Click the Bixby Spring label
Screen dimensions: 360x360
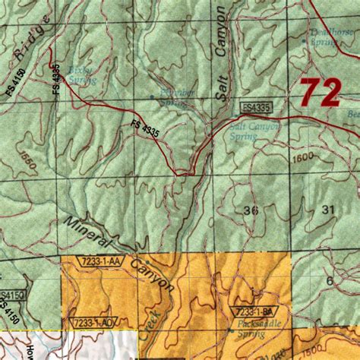tap(80, 73)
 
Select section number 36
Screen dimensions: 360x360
tap(251, 209)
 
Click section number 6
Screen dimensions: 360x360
tap(330, 280)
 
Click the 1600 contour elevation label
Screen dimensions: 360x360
tap(302, 157)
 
